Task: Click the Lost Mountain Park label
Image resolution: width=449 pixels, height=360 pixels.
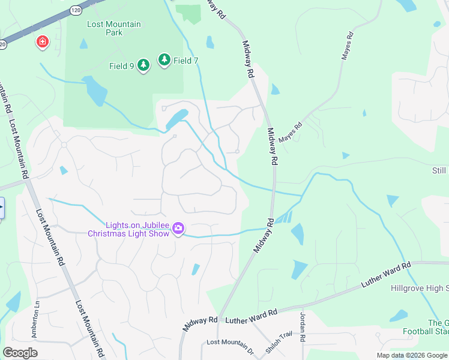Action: (114, 28)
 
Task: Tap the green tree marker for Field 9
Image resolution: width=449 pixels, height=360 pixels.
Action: (143, 65)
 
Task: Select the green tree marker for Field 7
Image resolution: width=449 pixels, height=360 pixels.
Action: (164, 59)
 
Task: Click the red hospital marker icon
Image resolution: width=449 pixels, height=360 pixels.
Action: (43, 42)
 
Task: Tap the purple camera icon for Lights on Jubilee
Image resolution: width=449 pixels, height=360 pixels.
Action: (178, 229)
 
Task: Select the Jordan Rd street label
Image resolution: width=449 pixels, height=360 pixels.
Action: (303, 328)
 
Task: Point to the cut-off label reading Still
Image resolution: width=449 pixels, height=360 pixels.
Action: (439, 171)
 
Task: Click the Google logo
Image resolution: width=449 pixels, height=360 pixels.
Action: (20, 352)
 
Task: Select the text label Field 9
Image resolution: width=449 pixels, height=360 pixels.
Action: (122, 66)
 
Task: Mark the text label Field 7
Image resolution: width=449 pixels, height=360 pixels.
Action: (186, 61)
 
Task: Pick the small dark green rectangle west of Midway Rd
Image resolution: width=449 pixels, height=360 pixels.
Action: (190, 13)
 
